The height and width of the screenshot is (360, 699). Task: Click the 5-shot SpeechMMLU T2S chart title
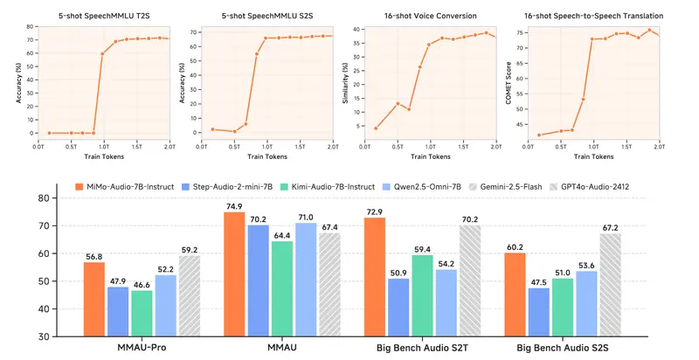(104, 16)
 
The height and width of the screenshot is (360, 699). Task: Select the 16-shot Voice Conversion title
(427, 16)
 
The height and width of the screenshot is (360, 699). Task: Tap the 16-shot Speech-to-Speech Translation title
(592, 16)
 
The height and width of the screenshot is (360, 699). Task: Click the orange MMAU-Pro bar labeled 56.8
(94, 299)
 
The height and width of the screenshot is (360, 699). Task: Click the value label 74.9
(233, 205)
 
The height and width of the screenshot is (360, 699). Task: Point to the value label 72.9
(374, 211)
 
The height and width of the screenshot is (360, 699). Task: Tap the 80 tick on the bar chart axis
(41, 197)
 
